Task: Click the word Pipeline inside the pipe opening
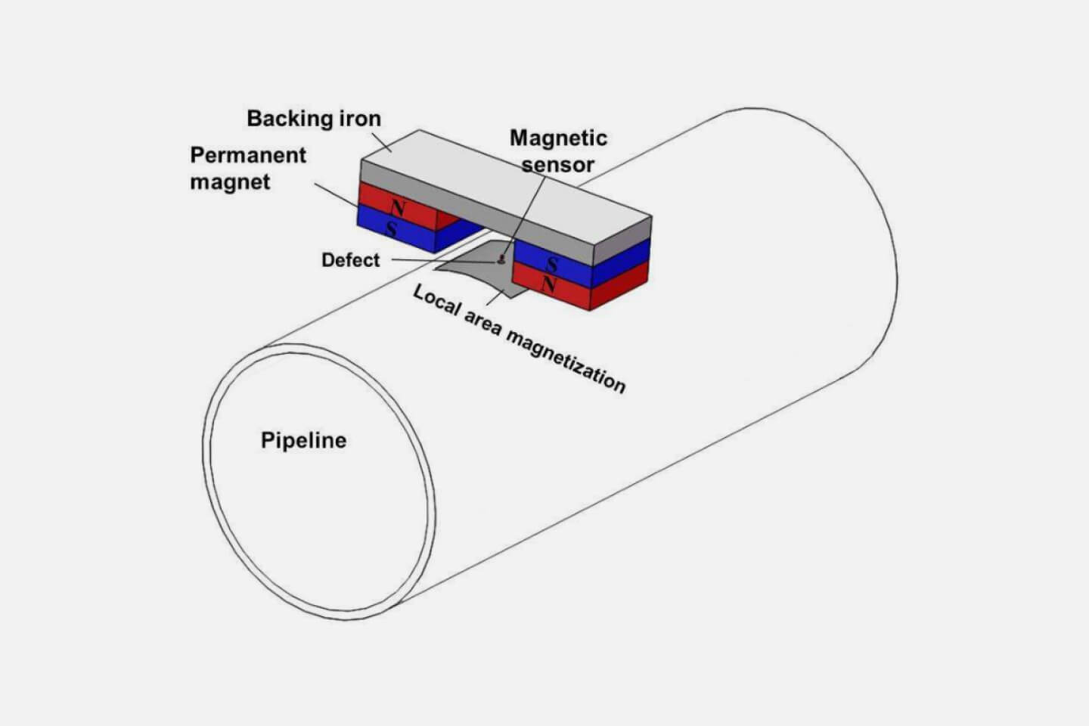303,440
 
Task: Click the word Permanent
248,155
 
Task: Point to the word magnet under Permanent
230,182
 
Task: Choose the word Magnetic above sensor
558,138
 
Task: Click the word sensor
558,164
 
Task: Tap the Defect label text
350,260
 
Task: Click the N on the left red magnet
397,206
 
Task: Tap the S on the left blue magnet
392,228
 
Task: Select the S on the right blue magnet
552,265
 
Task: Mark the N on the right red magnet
549,286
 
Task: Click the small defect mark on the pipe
501,261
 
